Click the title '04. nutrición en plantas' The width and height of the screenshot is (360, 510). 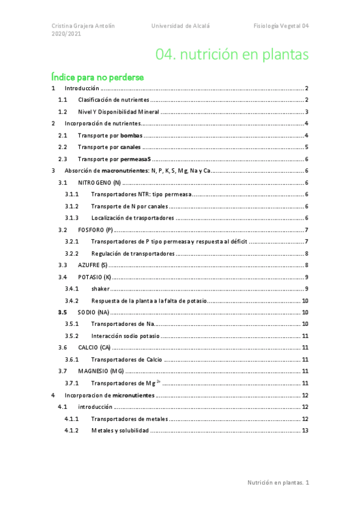point(232,55)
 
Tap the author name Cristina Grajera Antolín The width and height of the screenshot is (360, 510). point(82,26)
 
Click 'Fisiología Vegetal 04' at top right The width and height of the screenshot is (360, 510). point(281,26)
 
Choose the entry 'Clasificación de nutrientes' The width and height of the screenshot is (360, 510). point(113,100)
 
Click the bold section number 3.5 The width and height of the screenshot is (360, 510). point(63,313)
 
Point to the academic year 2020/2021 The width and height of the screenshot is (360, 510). point(66,34)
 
